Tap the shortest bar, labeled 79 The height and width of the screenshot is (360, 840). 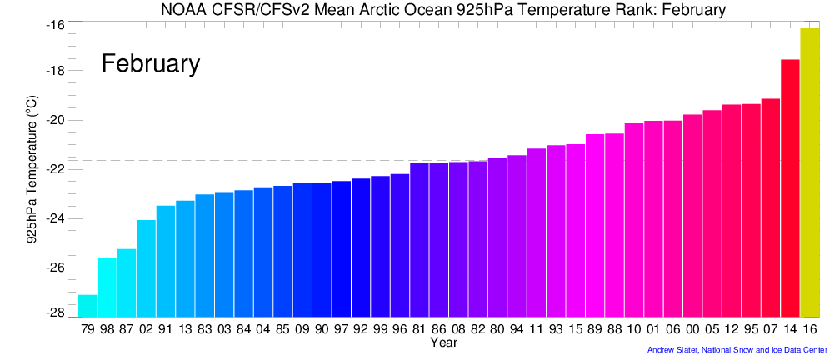pos(87,306)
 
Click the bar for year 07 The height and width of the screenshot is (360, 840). pos(771,208)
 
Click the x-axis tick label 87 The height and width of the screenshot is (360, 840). pos(127,330)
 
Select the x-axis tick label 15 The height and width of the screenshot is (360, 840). pos(575,330)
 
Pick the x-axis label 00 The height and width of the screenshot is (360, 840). pos(692,330)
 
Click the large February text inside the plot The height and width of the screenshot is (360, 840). pos(151,63)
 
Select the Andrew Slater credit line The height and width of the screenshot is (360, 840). pos(737,350)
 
